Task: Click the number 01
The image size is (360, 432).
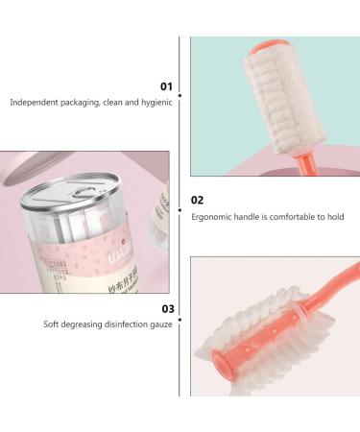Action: pos(166,86)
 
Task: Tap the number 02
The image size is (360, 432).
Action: pos(198,201)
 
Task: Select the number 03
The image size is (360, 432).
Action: pos(167,309)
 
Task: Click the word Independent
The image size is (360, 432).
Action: pos(33,101)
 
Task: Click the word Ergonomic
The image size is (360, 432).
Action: pos(211,216)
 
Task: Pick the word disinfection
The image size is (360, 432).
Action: pos(126,325)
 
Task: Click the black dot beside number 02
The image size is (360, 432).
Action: pos(181,201)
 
